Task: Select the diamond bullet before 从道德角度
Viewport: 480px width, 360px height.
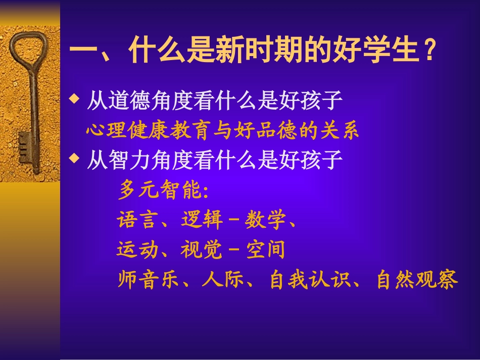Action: coord(74,98)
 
